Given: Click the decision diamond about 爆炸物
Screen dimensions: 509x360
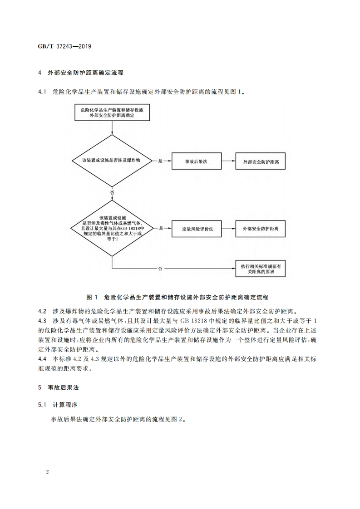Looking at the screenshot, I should point(111,161).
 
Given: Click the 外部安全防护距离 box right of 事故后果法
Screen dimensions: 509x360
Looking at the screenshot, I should point(261,161).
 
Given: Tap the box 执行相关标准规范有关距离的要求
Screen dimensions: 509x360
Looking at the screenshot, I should point(261,268).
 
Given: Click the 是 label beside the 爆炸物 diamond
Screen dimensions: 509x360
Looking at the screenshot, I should point(160,161).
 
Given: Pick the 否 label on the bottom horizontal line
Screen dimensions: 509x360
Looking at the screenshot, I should point(160,269).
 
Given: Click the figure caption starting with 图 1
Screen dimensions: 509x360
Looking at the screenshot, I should point(177,297).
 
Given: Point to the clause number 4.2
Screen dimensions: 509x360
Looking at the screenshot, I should point(43,312).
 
